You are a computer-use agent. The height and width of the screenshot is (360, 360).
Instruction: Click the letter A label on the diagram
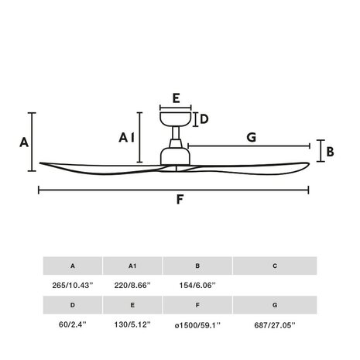pos(23,142)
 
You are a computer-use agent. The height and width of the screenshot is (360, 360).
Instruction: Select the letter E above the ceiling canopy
pos(176,98)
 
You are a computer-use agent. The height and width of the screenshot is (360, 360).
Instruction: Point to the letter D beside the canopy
pos(204,119)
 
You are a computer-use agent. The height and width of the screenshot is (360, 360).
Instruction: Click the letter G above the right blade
pos(251,138)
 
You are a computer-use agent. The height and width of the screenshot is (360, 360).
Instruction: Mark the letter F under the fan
pos(180,200)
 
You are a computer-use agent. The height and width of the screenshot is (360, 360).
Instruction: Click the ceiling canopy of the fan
pos(176,119)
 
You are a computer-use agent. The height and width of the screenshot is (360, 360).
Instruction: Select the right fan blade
pos(255,164)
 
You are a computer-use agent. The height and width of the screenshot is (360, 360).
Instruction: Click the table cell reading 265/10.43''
pos(72,285)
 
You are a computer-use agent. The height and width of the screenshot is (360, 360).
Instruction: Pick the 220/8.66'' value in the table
pos(132,285)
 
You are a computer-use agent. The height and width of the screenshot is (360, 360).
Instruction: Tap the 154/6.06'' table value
pos(197,285)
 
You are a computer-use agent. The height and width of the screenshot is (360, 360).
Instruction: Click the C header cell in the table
pos(274,266)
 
